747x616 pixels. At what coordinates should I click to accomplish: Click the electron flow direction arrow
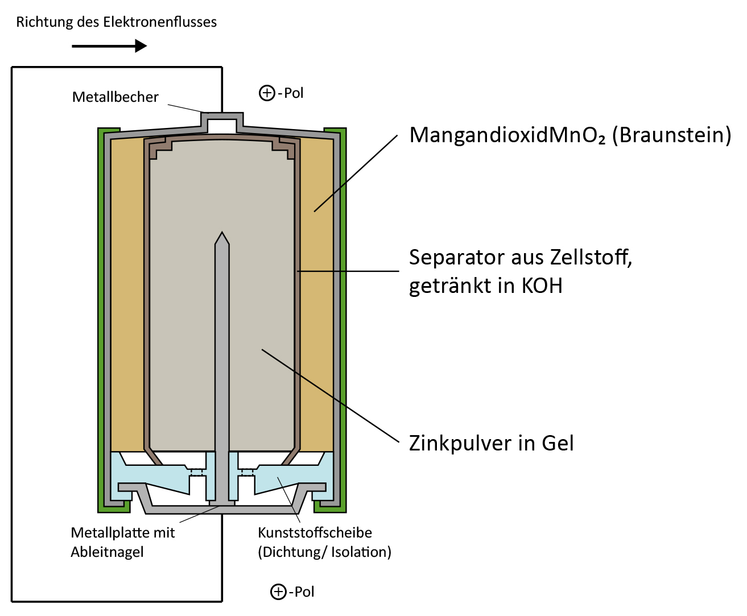pos(109,46)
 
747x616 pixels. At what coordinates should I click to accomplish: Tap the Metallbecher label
pos(115,97)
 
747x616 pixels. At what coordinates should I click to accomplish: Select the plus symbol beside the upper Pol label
pos(267,93)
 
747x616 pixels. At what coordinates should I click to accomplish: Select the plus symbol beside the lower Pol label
pos(278,592)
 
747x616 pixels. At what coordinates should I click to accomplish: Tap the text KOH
pos(542,286)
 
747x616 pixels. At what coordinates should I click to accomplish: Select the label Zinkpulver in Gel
pos(491,443)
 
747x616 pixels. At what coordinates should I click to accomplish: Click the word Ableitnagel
pos(107,552)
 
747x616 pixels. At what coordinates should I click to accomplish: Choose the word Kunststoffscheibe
pos(315,532)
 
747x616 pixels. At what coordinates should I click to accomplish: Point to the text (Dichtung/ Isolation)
pos(324,552)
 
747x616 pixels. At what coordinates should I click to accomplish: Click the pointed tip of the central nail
pos(222,232)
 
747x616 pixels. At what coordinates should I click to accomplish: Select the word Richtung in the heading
pos(44,22)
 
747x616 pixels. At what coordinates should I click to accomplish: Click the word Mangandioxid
pos(478,135)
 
